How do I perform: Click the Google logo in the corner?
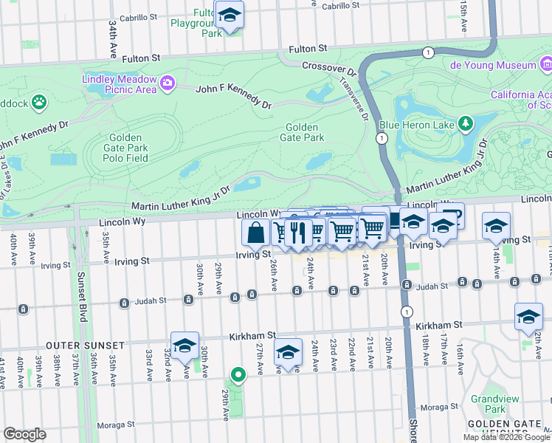[24, 434]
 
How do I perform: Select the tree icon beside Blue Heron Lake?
[466, 123]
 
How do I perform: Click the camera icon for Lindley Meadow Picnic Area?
[168, 82]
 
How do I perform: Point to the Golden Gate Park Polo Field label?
[128, 148]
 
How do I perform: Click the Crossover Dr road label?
[329, 69]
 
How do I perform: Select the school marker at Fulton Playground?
[230, 16]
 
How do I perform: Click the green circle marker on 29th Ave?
[238, 375]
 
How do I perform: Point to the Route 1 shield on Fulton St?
[427, 52]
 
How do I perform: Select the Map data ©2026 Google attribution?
[506, 437]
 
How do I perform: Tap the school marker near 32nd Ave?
[184, 345]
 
